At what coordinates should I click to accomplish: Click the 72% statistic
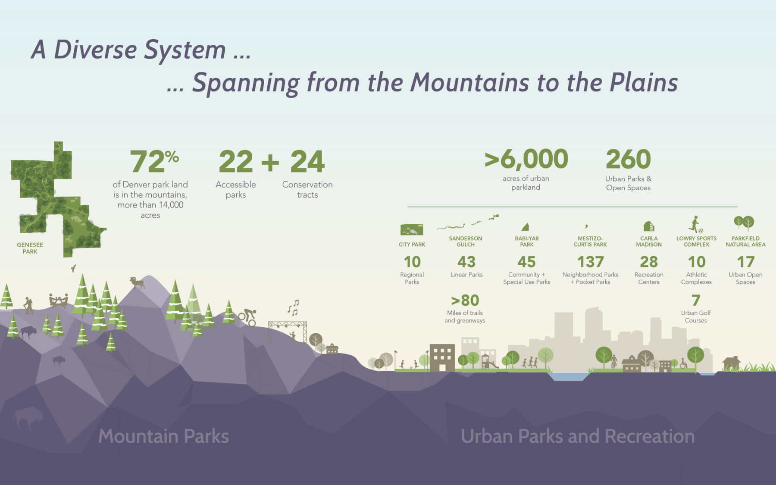pyautogui.click(x=154, y=161)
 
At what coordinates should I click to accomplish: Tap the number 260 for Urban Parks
pyautogui.click(x=628, y=160)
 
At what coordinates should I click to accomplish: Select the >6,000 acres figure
pyautogui.click(x=526, y=159)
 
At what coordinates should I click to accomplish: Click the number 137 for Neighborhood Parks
pyautogui.click(x=590, y=262)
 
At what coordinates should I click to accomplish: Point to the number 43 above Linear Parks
pyautogui.click(x=466, y=262)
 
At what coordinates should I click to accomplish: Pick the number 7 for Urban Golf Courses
pyautogui.click(x=696, y=300)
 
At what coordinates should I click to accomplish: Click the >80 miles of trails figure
pyautogui.click(x=465, y=300)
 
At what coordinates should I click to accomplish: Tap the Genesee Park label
pyautogui.click(x=30, y=248)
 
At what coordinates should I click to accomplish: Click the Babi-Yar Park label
pyautogui.click(x=527, y=241)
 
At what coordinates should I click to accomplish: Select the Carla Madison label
pyautogui.click(x=649, y=241)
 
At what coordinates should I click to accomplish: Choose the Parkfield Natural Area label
pyautogui.click(x=745, y=241)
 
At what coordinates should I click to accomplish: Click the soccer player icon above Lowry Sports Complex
pyautogui.click(x=695, y=225)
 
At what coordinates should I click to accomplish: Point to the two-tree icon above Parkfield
pyautogui.click(x=744, y=222)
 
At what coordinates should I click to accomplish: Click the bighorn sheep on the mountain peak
pyautogui.click(x=137, y=282)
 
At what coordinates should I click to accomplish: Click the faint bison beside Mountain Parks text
pyautogui.click(x=28, y=418)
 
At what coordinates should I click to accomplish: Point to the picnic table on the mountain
pyautogui.click(x=58, y=300)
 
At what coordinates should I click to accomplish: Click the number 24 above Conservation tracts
pyautogui.click(x=307, y=162)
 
